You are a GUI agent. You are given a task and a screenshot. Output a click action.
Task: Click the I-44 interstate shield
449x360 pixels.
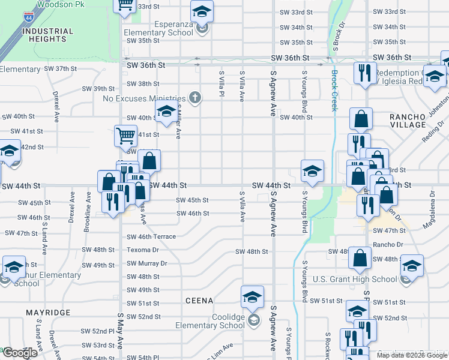click(x=29, y=18)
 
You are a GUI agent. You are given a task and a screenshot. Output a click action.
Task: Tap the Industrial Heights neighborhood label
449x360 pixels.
click(x=47, y=35)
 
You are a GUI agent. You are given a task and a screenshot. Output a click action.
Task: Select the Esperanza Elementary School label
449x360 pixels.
click(x=158, y=32)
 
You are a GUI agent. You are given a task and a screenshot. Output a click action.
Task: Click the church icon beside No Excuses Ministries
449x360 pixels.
click(x=194, y=97)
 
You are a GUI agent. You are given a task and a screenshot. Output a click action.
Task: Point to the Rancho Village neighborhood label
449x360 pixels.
click(x=407, y=121)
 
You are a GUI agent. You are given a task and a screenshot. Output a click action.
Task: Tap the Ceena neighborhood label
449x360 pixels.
click(x=199, y=299)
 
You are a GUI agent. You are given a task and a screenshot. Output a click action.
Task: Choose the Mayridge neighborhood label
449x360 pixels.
click(x=48, y=313)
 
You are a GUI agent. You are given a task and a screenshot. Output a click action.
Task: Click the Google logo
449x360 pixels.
click(x=20, y=353)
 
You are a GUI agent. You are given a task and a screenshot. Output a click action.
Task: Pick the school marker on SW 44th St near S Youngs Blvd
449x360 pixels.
click(x=312, y=170)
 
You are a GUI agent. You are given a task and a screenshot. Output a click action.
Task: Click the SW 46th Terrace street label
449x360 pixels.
click(x=151, y=236)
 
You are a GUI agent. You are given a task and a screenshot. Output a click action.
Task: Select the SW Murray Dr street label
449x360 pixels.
click(x=146, y=263)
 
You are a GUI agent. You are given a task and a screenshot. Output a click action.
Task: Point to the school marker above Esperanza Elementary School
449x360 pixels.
click(x=202, y=11)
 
